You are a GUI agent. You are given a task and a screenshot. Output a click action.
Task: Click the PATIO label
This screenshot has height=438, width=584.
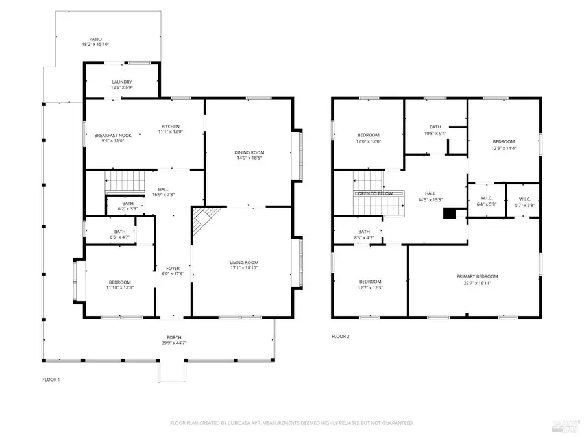tap(95, 39)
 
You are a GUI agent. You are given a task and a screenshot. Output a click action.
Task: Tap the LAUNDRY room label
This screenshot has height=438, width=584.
tap(121, 82)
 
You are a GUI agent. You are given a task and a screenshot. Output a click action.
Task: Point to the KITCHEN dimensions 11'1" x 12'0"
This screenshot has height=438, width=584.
tap(171, 132)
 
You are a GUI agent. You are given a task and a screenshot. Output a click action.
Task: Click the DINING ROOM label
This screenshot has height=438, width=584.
tap(249, 152)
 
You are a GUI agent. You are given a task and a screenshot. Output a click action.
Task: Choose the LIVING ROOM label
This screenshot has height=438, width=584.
tap(244, 262)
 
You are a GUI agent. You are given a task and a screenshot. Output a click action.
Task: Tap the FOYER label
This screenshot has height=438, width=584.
tap(173, 267)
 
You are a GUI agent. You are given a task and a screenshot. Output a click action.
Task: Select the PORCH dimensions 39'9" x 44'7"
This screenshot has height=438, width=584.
tap(173, 343)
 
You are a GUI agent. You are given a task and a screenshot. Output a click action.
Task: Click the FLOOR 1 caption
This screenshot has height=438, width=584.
tap(51, 380)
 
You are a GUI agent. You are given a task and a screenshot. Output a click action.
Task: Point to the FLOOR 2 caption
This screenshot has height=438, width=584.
tap(340, 337)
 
